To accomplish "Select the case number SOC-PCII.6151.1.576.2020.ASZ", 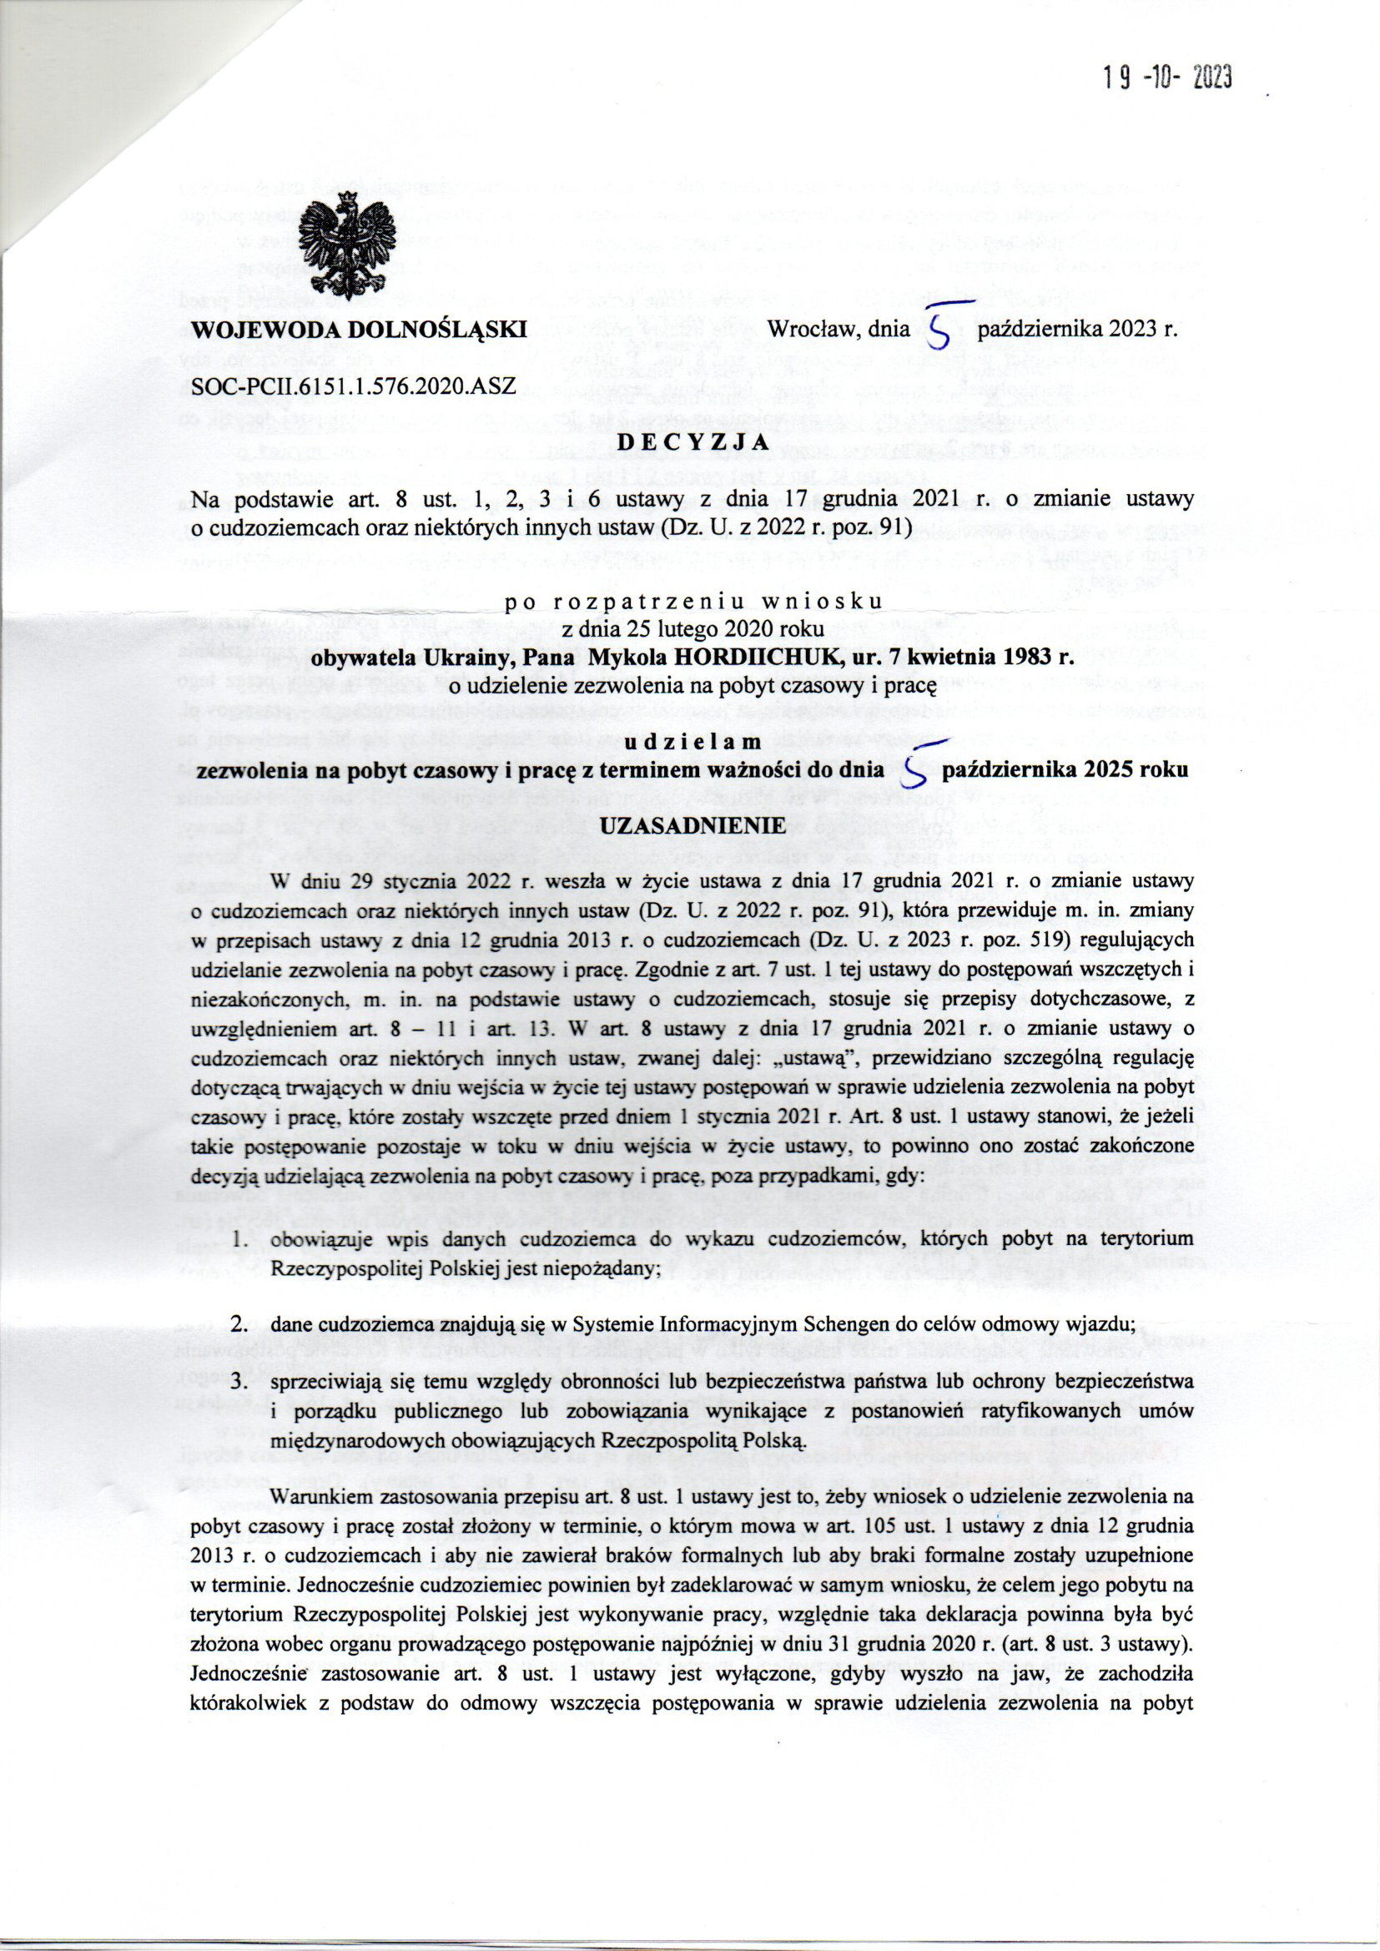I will (348, 386).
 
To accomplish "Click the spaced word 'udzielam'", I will (691, 741).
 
